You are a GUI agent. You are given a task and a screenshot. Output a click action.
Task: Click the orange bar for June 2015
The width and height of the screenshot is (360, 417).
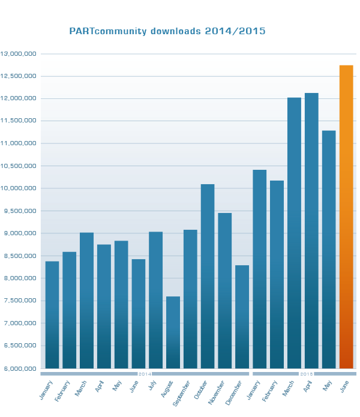point(346,217)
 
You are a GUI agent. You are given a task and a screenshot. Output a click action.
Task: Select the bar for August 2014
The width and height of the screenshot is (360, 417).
point(173,332)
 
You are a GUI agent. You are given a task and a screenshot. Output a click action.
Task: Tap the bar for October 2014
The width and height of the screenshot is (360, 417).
point(208,276)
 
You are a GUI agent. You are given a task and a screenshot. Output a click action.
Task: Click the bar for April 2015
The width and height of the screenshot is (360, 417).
point(311,230)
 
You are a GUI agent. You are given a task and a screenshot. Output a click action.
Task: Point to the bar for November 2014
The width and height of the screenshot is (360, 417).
point(225,290)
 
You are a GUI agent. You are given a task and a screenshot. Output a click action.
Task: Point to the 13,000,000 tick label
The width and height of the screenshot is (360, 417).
point(19,54)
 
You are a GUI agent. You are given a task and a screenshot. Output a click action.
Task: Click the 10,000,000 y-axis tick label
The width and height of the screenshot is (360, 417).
point(19,188)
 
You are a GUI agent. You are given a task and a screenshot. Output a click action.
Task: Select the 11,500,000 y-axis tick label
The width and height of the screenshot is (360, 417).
point(19,121)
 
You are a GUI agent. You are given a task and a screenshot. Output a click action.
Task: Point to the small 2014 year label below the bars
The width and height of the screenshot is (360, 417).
point(145,374)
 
